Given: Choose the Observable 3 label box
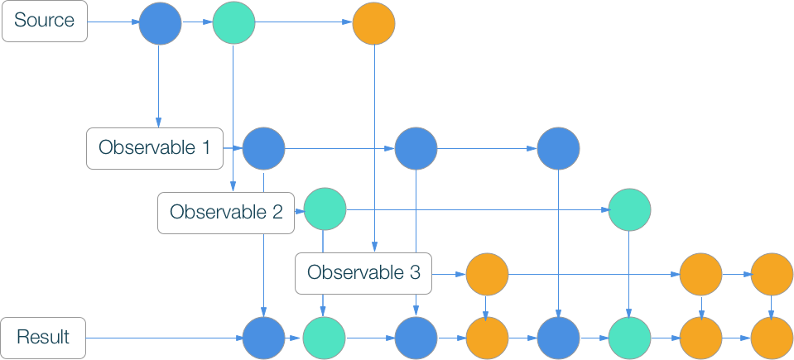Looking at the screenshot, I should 364,272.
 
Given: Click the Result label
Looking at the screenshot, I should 44,338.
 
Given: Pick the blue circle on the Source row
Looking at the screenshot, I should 160,23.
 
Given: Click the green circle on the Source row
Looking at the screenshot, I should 233,23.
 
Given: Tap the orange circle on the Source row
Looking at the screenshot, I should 373,23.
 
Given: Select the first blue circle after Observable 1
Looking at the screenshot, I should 263,149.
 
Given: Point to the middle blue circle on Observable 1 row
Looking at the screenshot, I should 416,149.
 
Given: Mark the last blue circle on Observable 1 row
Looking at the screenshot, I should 558,149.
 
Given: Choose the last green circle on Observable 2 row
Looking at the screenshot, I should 629,210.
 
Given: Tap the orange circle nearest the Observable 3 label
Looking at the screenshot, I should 487,274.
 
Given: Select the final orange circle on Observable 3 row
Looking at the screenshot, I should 772,274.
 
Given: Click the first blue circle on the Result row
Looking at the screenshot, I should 263,338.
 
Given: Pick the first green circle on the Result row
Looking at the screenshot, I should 323,338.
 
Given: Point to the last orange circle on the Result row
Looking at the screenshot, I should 772,338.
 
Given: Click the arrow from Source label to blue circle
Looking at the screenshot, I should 113,23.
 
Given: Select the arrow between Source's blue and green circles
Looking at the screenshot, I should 197,23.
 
